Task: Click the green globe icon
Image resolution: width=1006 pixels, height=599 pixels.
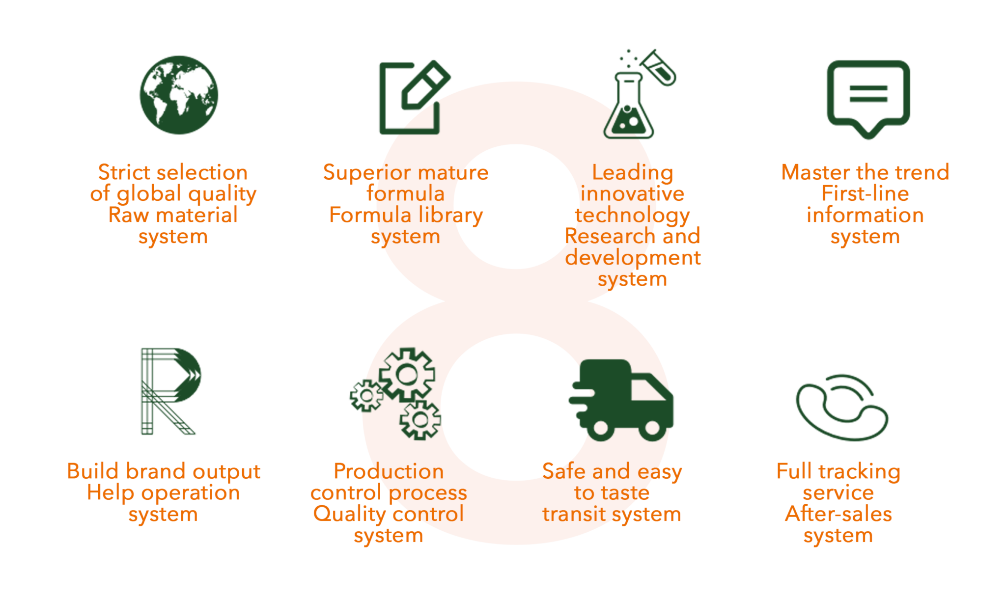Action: pyautogui.click(x=179, y=95)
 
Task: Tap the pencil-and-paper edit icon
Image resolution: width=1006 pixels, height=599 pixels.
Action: pyautogui.click(x=414, y=97)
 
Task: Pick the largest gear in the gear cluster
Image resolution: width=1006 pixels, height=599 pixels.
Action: pyautogui.click(x=407, y=375)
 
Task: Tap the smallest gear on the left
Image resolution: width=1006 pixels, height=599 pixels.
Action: pyautogui.click(x=366, y=395)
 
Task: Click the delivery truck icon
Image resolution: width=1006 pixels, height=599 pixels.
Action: pyautogui.click(x=621, y=400)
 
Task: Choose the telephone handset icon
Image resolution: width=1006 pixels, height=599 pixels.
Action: pyautogui.click(x=841, y=408)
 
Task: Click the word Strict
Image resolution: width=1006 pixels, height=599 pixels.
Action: pyautogui.click(x=124, y=172)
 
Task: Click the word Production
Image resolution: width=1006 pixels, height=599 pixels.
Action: pyautogui.click(x=389, y=471)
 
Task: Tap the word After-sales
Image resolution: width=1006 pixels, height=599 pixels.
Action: pyautogui.click(x=838, y=514)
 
